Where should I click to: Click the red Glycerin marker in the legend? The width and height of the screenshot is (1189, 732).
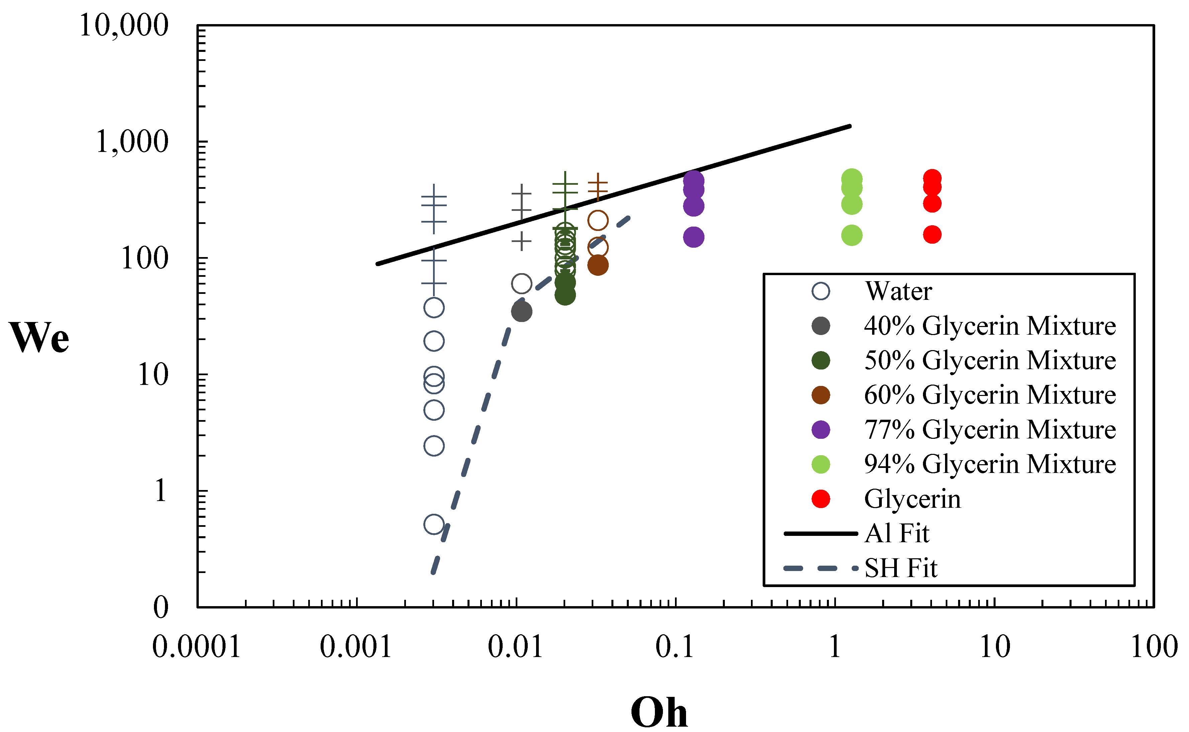point(821,499)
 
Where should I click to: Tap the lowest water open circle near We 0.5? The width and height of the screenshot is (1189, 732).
point(434,524)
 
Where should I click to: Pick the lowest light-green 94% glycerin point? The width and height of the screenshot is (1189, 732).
point(852,236)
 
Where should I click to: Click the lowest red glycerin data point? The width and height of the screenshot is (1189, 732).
point(932,235)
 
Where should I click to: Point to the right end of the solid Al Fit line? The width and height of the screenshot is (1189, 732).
point(850,127)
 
